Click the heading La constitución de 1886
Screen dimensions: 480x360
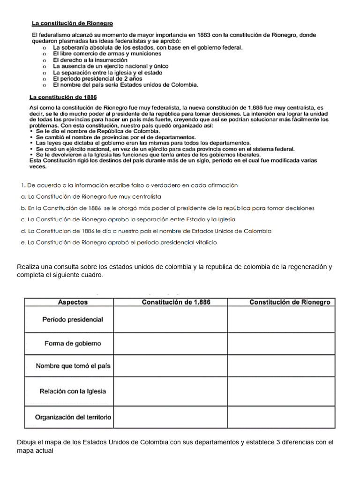(x=63, y=97)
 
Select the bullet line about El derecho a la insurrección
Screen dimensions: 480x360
(x=90, y=60)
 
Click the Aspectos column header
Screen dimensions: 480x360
(x=73, y=302)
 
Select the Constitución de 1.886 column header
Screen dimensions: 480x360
(x=176, y=302)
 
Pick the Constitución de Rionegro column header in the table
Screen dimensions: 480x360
(x=289, y=302)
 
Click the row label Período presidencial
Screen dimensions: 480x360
(x=73, y=319)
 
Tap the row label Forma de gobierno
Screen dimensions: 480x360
(x=73, y=343)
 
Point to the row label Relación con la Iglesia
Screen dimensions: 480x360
(x=73, y=391)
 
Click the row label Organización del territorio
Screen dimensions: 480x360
(x=73, y=417)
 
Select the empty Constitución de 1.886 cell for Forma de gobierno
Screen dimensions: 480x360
(x=171, y=343)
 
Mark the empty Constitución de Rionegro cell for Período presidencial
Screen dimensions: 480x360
(x=281, y=319)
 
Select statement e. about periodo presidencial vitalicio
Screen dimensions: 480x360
(x=119, y=242)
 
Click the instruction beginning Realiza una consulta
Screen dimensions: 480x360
(x=174, y=271)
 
